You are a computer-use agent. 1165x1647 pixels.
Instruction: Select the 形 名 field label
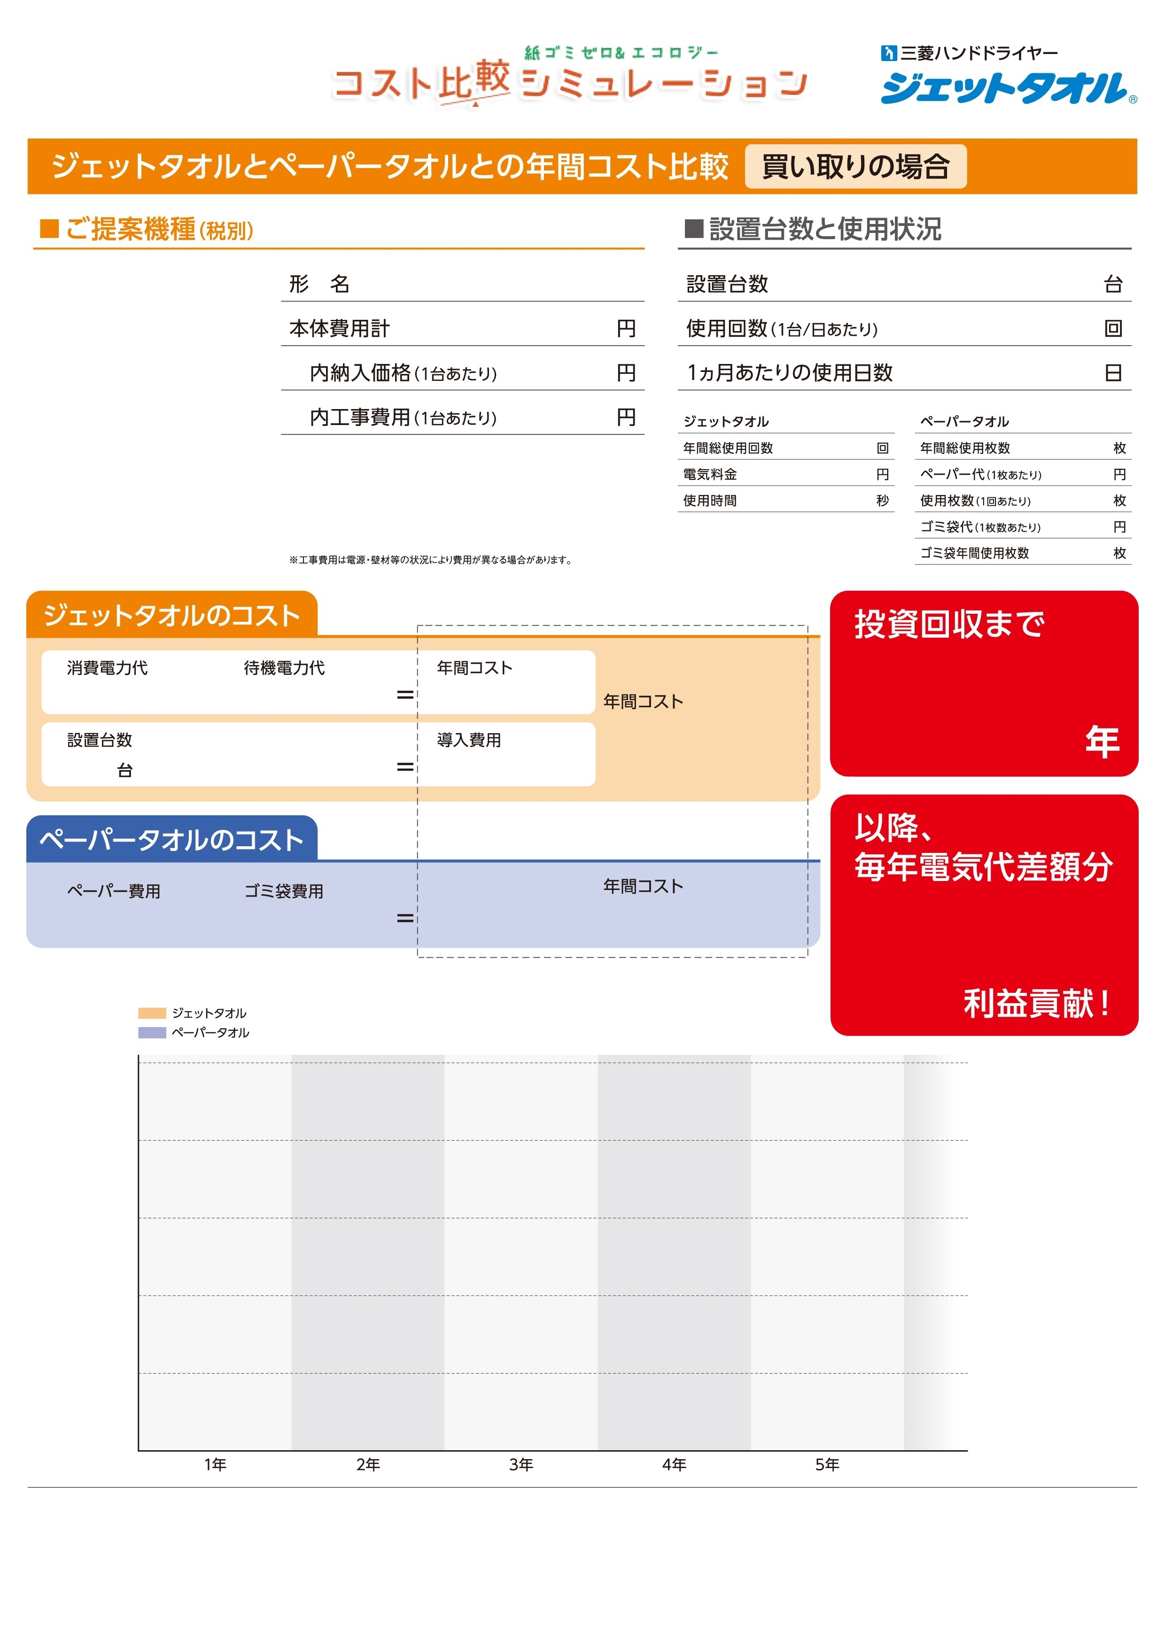[x=319, y=284]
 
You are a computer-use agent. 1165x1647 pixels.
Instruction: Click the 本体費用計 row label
[x=339, y=329]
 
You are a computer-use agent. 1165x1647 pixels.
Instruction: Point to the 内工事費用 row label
[x=403, y=418]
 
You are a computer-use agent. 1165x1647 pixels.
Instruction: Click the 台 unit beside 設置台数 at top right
[x=1113, y=284]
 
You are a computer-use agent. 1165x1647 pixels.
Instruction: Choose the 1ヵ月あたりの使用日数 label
[x=789, y=373]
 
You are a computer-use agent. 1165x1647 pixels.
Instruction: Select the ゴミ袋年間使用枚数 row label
[x=974, y=553]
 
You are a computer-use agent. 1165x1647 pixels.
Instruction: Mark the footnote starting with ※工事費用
[x=430, y=559]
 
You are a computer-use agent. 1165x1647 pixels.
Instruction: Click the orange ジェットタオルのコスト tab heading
[x=172, y=616]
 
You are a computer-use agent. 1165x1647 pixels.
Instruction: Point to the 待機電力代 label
[x=284, y=668]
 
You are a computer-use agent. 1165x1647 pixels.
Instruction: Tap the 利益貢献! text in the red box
[x=1037, y=1003]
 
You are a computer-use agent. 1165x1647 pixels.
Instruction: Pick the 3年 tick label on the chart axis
[x=521, y=1464]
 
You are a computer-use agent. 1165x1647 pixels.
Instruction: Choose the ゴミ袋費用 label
[x=284, y=891]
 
